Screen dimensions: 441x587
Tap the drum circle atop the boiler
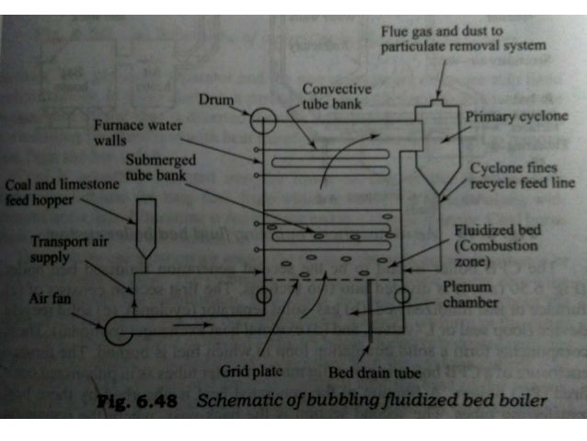pos(262,120)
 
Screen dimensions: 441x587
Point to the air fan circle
pos(117,330)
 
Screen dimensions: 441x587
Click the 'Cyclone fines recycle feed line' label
pos(522,176)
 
